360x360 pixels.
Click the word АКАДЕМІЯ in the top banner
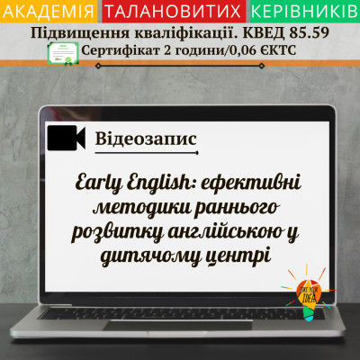(50, 12)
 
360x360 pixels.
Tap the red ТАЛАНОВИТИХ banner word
(175, 12)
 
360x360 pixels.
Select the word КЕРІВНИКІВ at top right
(302, 12)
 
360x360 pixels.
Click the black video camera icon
(65, 138)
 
